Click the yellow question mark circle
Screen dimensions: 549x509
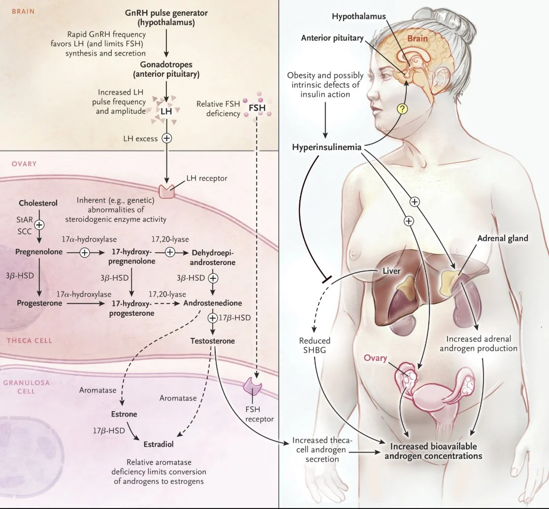click(403, 109)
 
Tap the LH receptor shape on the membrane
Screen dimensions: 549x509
click(166, 191)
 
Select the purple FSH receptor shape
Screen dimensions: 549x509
click(253, 385)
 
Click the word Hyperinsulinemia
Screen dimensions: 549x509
click(326, 147)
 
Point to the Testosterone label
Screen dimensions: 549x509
click(213, 341)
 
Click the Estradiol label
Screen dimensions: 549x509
click(159, 444)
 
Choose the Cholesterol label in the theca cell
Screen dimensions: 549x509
click(38, 203)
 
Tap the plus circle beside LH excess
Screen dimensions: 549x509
click(166, 138)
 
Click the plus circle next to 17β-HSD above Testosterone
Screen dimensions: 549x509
click(213, 318)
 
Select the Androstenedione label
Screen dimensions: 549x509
click(213, 303)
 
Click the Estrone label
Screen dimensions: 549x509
click(124, 414)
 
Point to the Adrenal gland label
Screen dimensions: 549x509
click(503, 238)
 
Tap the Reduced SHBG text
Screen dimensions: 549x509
click(315, 345)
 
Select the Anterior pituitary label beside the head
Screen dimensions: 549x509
click(332, 38)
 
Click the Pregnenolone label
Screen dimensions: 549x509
click(39, 252)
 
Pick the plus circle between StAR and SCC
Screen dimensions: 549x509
click(39, 225)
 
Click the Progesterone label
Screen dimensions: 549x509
click(39, 303)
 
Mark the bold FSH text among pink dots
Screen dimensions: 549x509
click(258, 108)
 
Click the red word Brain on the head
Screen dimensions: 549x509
click(418, 38)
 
